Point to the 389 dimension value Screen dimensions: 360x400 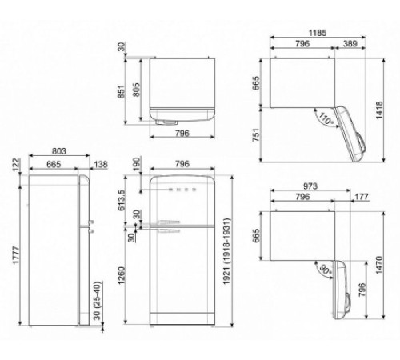pos(346,45)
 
